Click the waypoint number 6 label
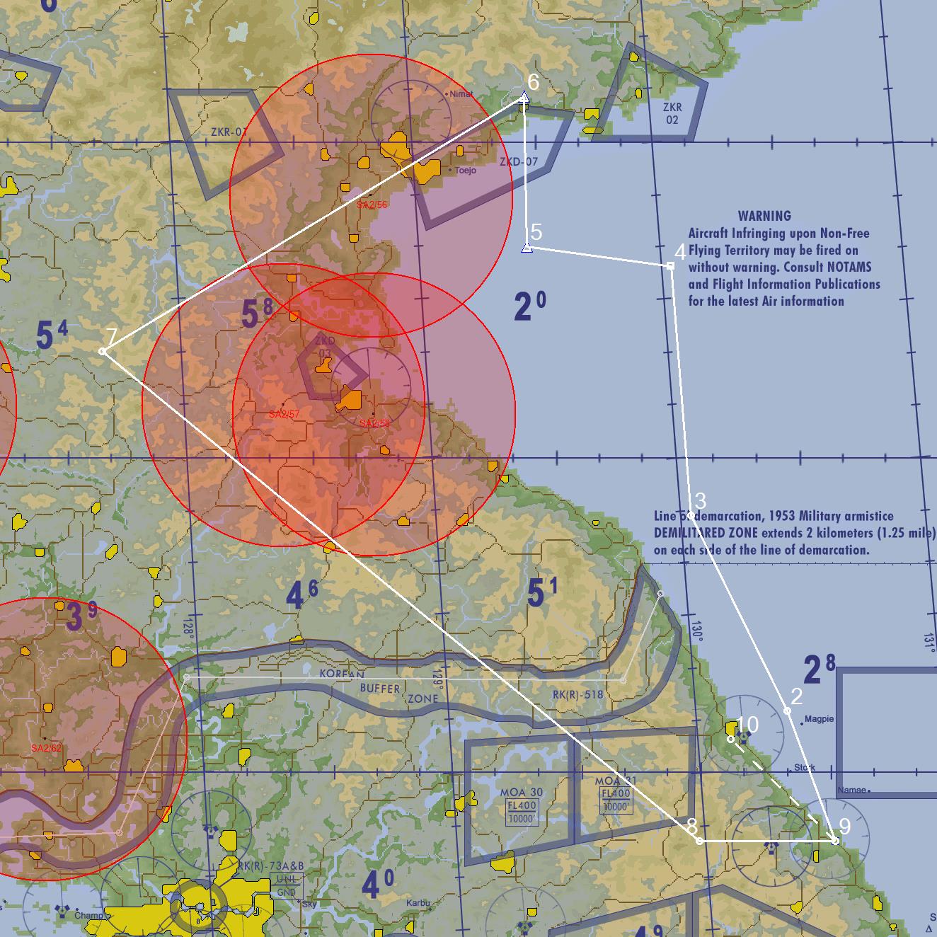(533, 83)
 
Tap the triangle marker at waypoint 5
(527, 247)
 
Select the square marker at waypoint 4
(670, 266)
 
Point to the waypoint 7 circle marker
(103, 352)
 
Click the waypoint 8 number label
(691, 827)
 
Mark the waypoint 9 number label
(844, 826)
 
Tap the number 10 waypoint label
(747, 725)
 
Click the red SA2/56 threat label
(372, 205)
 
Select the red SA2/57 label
(284, 414)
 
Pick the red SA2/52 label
(46, 748)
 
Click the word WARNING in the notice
(764, 216)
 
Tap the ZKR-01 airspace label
(229, 132)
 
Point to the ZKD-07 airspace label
(519, 162)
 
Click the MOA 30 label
(521, 792)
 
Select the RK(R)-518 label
(577, 694)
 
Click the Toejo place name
(466, 171)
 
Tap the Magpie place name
(820, 719)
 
